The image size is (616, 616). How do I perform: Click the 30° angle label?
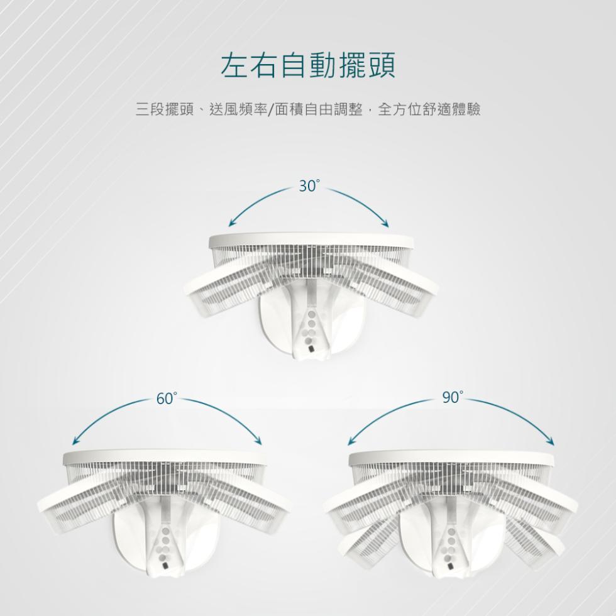[x=309, y=186]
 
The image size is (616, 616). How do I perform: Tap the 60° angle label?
[x=167, y=399]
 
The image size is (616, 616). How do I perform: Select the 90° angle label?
[x=453, y=397]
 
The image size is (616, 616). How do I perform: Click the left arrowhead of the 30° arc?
[x=232, y=223]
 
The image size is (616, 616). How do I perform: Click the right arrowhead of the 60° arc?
[x=258, y=441]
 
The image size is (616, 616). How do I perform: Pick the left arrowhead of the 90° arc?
[x=351, y=441]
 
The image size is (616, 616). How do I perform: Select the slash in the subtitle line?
[x=271, y=109]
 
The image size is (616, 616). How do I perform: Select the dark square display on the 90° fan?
[x=451, y=566]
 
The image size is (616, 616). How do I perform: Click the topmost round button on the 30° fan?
[x=311, y=315]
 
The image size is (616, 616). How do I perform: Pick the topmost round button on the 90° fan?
[x=452, y=532]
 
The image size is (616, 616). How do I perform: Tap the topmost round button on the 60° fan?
[x=166, y=532]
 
